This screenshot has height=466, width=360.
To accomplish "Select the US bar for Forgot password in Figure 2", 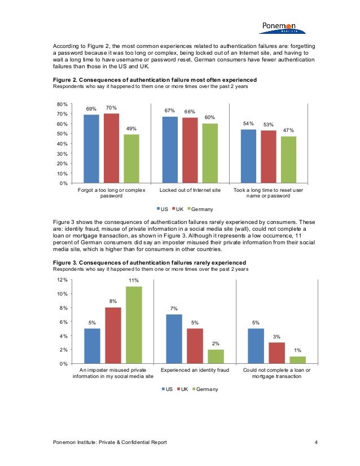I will click(x=91, y=149).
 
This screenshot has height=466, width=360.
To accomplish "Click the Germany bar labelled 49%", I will click(x=131, y=159).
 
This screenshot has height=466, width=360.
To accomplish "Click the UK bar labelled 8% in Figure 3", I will click(x=113, y=335).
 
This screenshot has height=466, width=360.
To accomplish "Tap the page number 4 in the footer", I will click(x=316, y=442).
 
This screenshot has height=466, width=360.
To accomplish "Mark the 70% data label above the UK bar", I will click(x=111, y=107).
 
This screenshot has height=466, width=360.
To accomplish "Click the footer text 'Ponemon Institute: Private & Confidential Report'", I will click(x=109, y=442).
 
